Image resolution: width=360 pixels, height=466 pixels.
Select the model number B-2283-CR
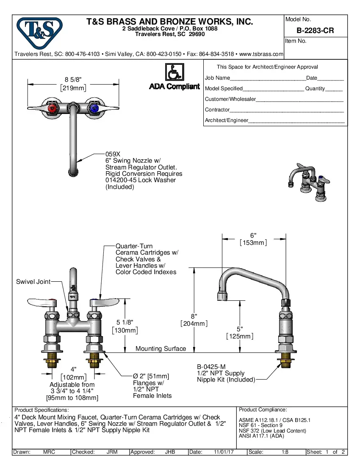click(315, 31)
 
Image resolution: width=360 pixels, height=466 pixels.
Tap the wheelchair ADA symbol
click(174, 72)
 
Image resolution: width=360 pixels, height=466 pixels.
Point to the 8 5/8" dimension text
click(73, 79)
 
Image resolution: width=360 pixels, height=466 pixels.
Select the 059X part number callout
click(113, 154)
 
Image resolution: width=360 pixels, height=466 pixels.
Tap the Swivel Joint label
click(33, 282)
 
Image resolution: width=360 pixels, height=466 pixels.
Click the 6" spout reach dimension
click(253, 235)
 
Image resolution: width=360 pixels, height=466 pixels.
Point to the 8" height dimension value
click(194, 316)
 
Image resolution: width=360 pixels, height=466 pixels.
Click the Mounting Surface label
click(161, 349)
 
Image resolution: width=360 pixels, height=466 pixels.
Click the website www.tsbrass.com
click(261, 54)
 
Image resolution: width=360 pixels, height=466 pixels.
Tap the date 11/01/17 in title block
click(224, 452)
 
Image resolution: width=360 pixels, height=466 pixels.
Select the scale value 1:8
click(285, 452)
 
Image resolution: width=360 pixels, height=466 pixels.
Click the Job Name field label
click(217, 78)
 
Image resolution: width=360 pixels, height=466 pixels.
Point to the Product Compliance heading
click(263, 410)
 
